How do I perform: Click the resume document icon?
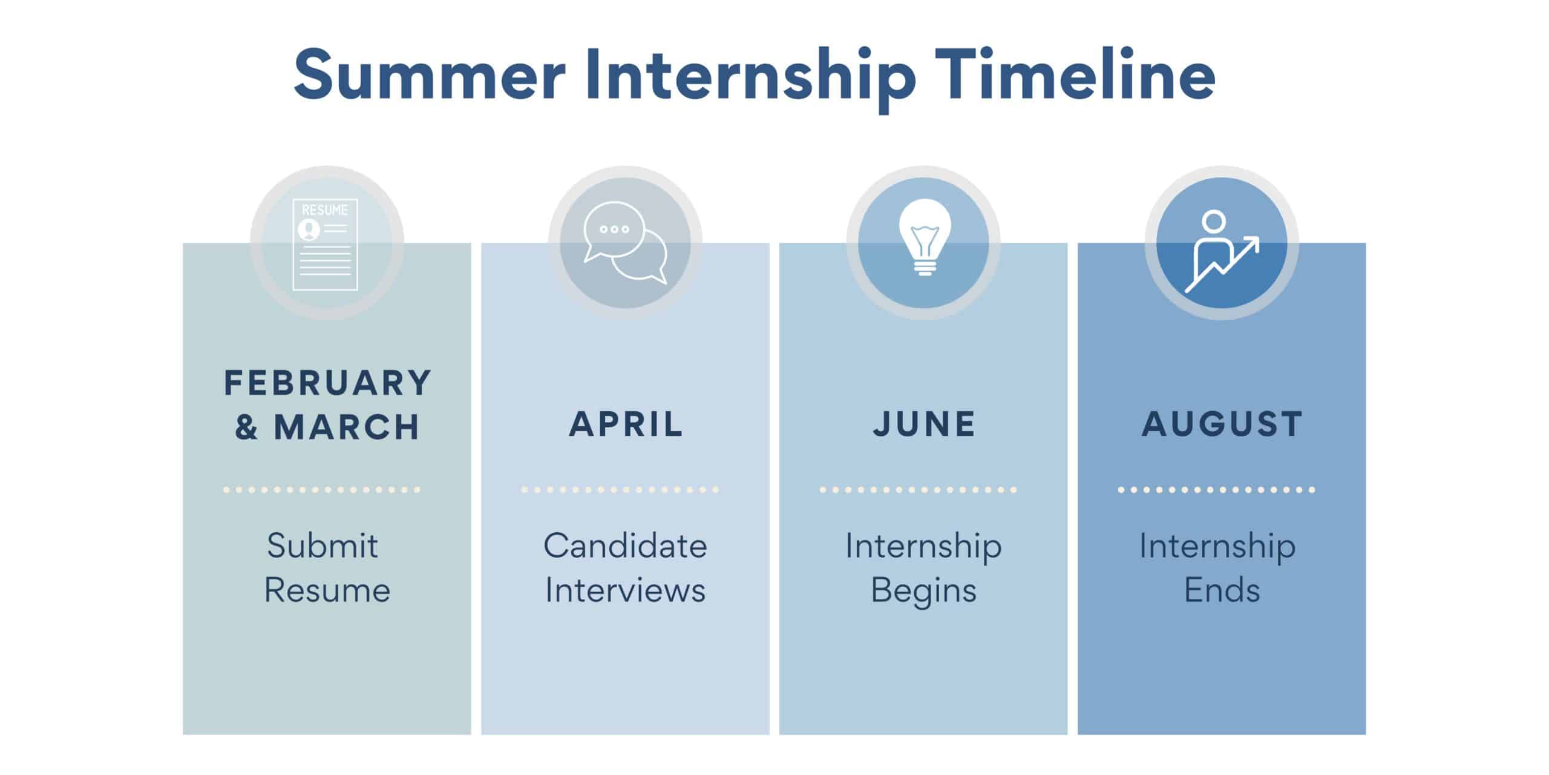click(326, 244)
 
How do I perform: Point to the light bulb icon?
click(924, 237)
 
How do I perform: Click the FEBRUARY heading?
click(327, 383)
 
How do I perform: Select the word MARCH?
click(347, 427)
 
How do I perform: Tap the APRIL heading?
click(626, 424)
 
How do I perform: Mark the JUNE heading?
click(924, 424)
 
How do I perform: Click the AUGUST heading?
click(1222, 424)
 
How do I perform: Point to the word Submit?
click(323, 546)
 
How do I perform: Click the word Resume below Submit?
click(327, 590)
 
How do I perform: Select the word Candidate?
click(625, 546)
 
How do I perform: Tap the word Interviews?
click(625, 590)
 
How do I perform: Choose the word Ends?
click(1222, 590)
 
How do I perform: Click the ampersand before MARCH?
click(246, 427)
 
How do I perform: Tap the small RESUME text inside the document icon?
click(325, 210)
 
